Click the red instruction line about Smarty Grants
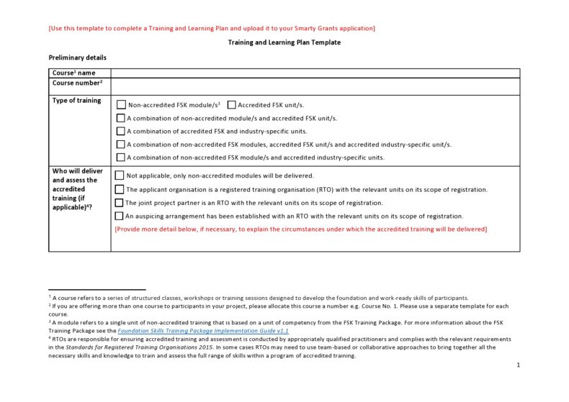pos(211,28)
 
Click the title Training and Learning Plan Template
pos(284,42)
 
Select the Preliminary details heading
pos(77,58)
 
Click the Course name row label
pos(73,73)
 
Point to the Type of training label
pos(76,101)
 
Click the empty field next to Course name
pos(315,73)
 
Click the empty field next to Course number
pos(315,86)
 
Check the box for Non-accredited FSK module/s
pos(121,105)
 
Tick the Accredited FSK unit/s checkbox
pos(232,105)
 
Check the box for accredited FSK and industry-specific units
pos(120,131)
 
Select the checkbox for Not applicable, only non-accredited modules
pos(120,175)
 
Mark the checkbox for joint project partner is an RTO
pos(120,203)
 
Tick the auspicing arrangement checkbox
pos(120,216)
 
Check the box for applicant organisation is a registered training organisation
pos(120,189)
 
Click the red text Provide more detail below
pos(300,229)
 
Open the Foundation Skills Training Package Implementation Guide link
pos(203,331)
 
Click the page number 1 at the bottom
pos(518,365)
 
